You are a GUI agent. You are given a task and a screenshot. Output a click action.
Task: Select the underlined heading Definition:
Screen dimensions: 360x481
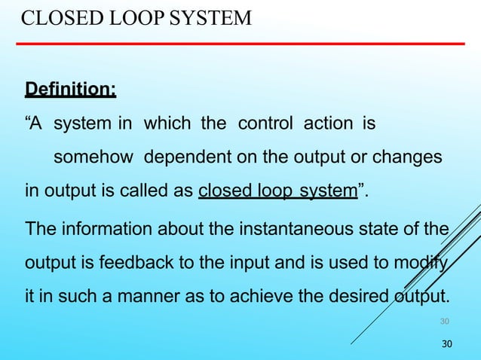pos(71,90)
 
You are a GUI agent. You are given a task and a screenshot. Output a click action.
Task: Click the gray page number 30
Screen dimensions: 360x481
pos(445,322)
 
